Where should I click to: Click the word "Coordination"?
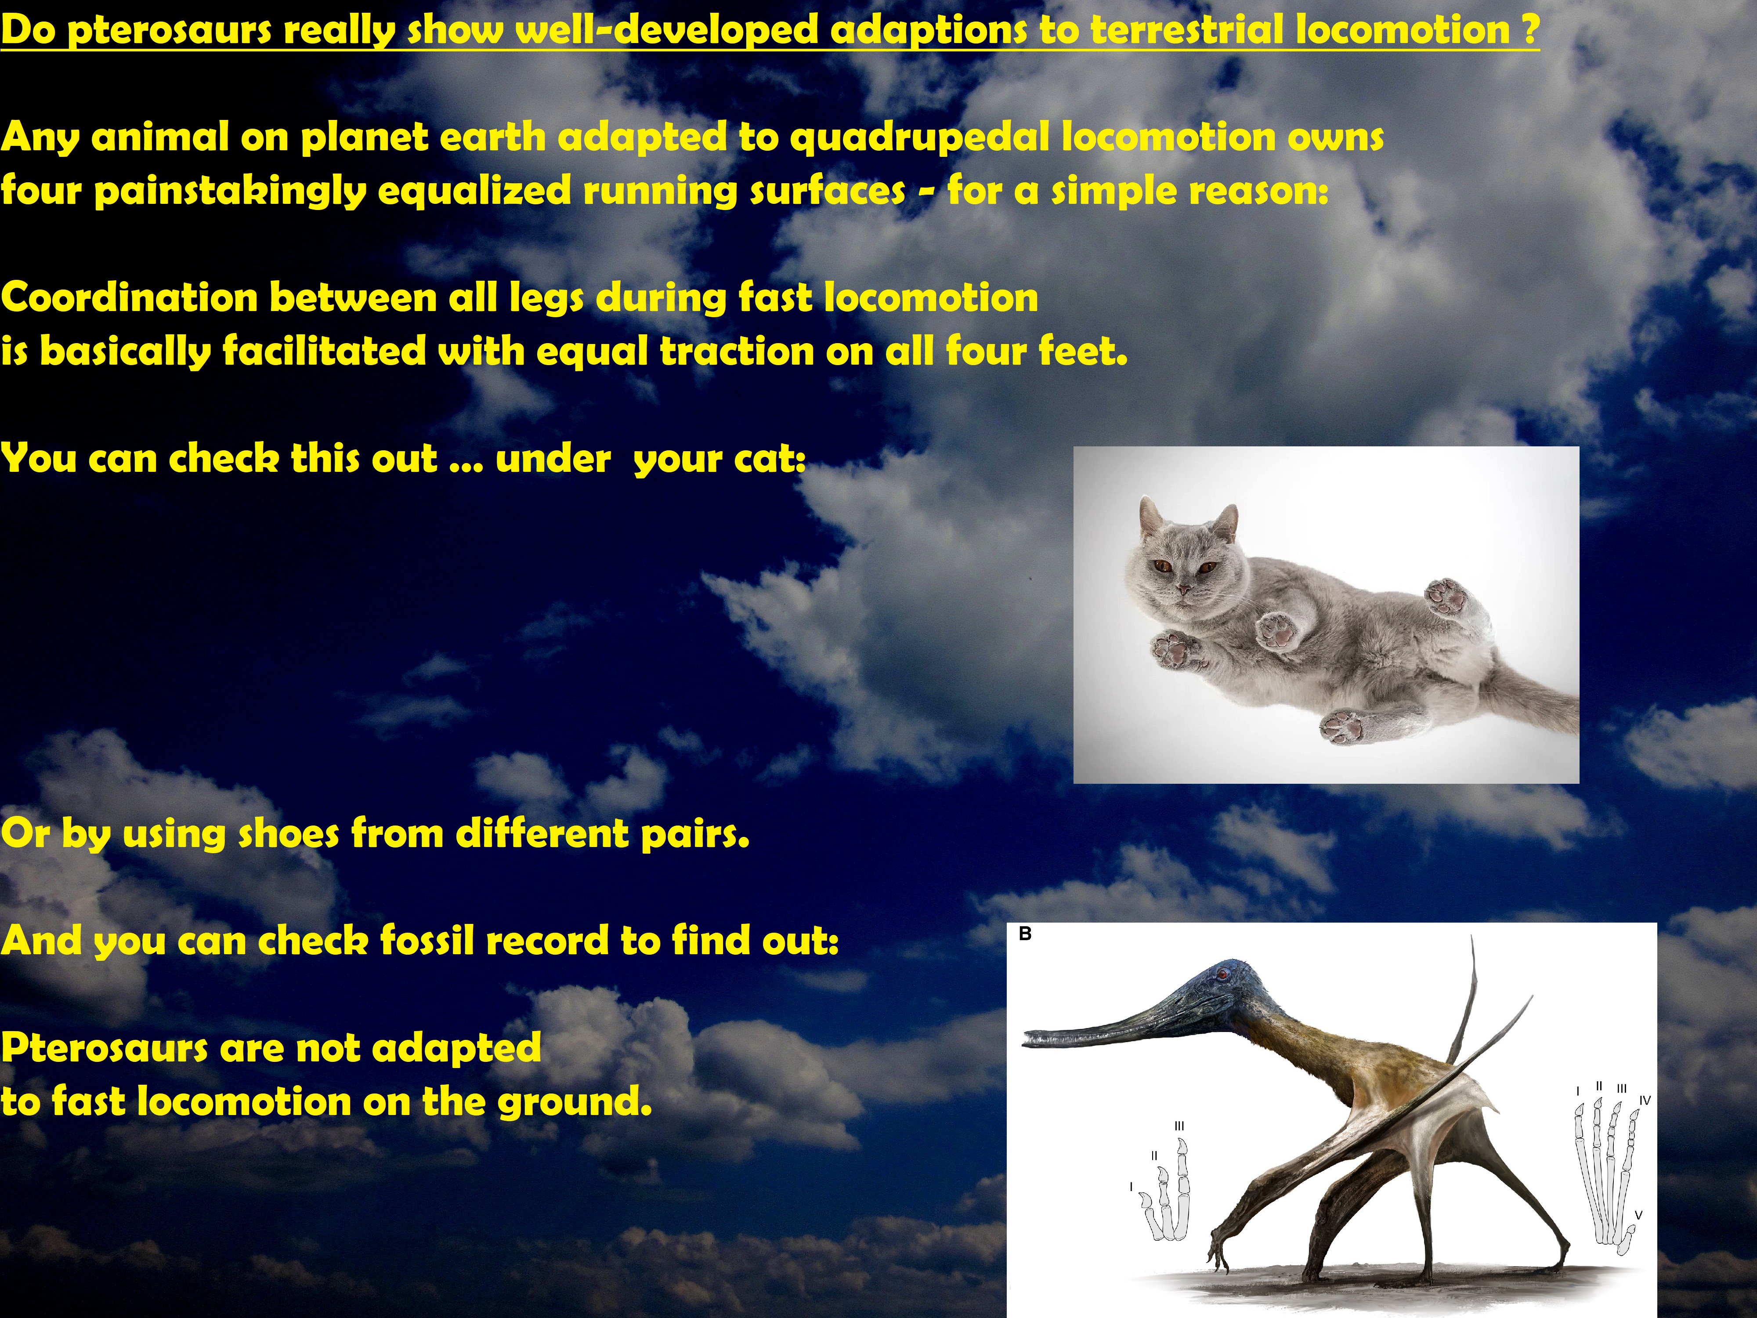[129, 298]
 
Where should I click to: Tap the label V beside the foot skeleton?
[1638, 1215]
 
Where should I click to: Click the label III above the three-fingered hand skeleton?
[1179, 1126]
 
